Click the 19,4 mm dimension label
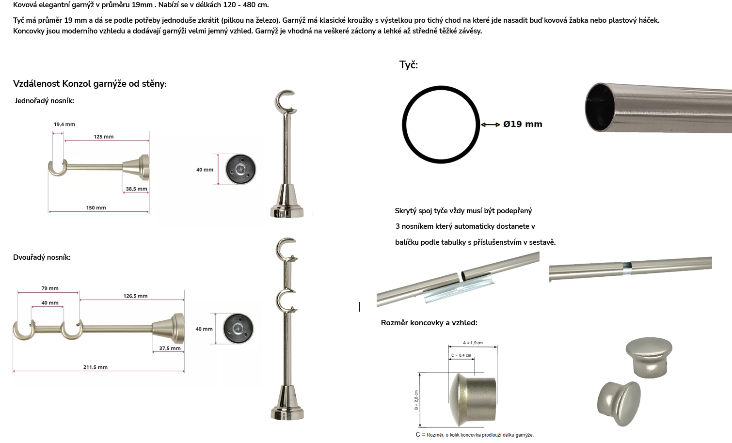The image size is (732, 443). [64, 124]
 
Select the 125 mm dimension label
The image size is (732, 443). [104, 137]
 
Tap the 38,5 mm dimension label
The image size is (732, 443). [136, 189]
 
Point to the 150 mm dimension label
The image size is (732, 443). [96, 208]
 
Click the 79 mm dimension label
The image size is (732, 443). [49, 288]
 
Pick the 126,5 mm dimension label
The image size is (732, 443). [135, 296]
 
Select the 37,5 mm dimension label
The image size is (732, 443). [170, 348]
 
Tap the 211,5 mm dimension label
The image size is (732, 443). [95, 367]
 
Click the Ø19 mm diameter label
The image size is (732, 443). [523, 124]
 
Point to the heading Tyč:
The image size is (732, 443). [409, 64]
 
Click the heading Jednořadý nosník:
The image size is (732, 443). [45, 101]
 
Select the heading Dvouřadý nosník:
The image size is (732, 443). [42, 257]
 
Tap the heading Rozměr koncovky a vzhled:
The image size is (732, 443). [429, 323]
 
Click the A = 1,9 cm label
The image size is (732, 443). [473, 343]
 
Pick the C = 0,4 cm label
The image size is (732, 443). [461, 355]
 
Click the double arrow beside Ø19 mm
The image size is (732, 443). [490, 125]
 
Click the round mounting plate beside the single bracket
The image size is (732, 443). [240, 169]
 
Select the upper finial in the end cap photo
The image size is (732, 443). [649, 357]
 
